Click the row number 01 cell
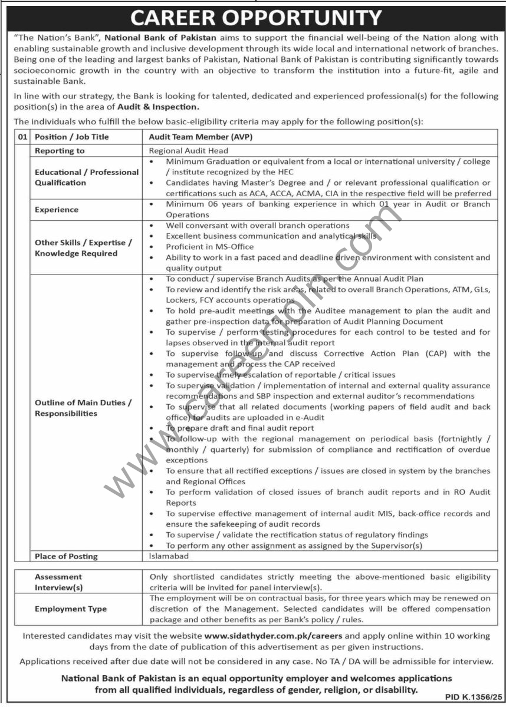[22, 137]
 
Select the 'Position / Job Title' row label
[72, 137]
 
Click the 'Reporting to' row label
[60, 151]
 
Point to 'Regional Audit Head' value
[188, 151]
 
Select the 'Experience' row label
[57, 210]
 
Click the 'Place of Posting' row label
[66, 556]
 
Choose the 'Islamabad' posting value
[169, 556]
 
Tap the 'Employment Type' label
[71, 609]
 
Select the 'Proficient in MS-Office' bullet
[210, 247]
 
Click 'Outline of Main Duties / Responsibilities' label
[83, 408]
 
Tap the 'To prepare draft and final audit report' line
[239, 428]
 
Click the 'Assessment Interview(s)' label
[58, 582]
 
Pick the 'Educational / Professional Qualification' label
[87, 177]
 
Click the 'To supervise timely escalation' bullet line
[280, 375]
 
